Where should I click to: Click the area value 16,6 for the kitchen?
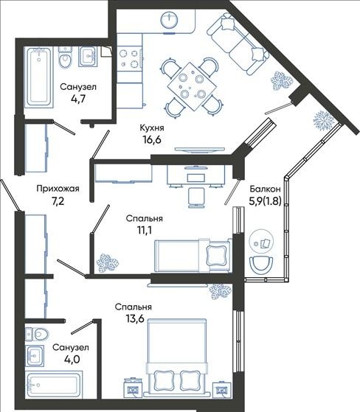pos(152,140)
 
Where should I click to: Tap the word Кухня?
pos(152,128)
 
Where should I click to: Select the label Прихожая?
pos(58,189)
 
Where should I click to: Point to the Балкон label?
pos(265,189)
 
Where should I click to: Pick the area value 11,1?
pos(145,230)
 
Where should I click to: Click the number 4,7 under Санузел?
pos(78,99)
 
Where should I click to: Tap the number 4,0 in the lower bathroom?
pos(72,359)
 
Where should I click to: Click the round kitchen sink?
pos(168,20)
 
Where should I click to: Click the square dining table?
pos(193,86)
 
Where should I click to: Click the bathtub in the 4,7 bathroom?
pos(39,77)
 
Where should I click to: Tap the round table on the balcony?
pos(261,242)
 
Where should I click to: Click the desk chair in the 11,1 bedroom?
pos(196,198)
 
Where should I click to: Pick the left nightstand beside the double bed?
pos(133,388)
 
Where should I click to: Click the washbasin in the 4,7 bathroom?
pos(88,57)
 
